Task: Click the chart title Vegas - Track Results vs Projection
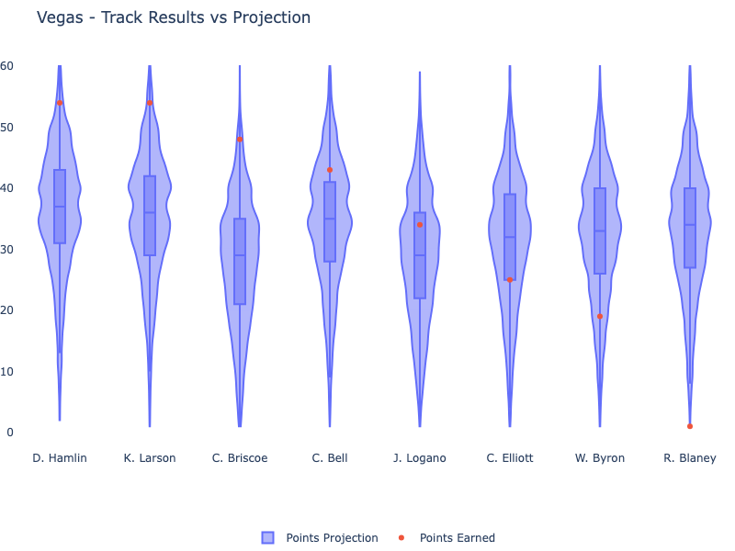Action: [x=174, y=17]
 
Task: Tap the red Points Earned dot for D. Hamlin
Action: [x=60, y=103]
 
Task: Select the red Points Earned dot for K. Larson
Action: [x=150, y=103]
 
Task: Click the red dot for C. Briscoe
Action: [x=240, y=140]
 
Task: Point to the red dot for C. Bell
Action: [x=330, y=170]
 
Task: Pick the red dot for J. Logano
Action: [x=420, y=225]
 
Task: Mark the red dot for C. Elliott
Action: [x=510, y=280]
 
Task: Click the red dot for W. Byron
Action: [x=600, y=317]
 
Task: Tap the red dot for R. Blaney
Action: [x=690, y=426]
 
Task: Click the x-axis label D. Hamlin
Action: [x=60, y=458]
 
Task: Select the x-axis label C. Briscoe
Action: [x=240, y=458]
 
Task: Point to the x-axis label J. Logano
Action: [x=420, y=458]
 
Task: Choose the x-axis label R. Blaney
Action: [x=690, y=458]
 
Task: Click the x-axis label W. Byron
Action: [x=600, y=458]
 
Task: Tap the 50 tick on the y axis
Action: [x=7, y=127]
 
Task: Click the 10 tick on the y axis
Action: [x=7, y=371]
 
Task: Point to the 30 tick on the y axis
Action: [x=7, y=249]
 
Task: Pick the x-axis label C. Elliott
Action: [x=510, y=458]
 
